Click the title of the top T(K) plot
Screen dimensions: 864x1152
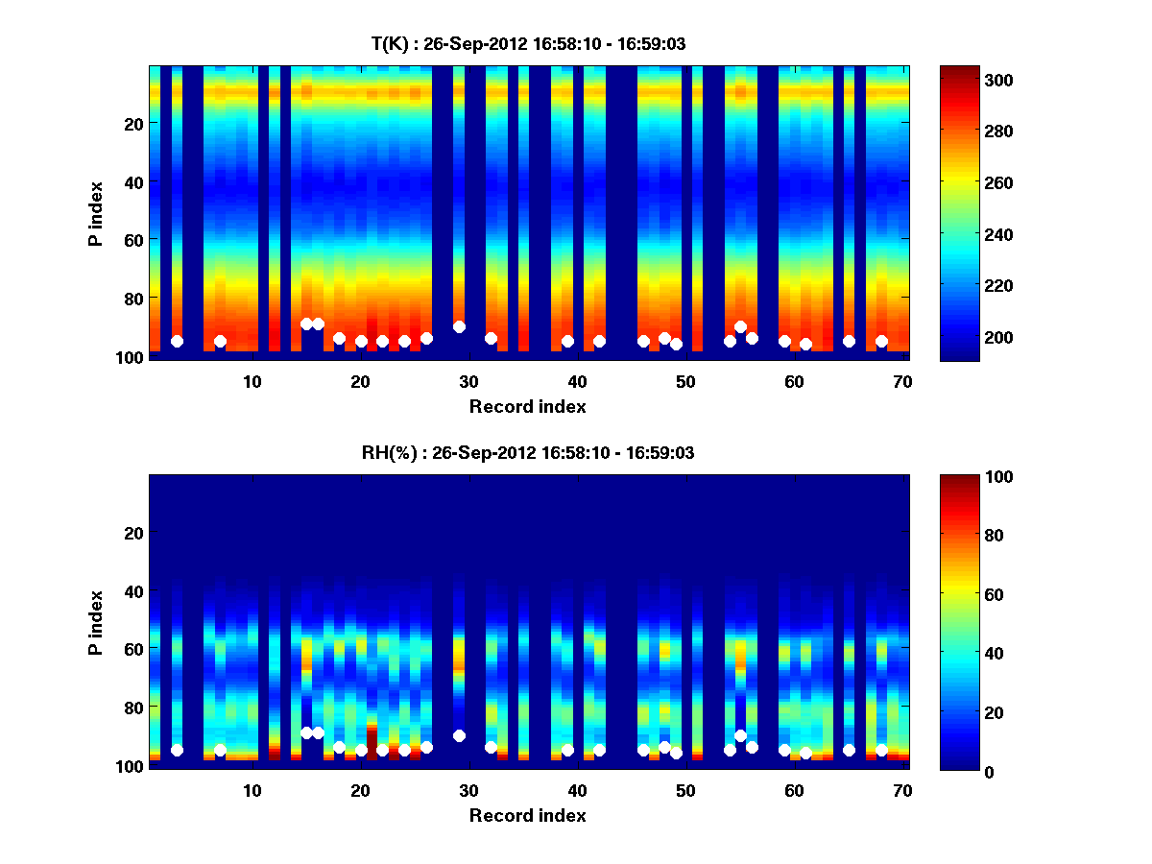[x=528, y=43]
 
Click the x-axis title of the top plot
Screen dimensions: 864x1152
[x=528, y=406]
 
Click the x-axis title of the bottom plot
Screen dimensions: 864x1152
[x=528, y=815]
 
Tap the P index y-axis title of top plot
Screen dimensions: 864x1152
[x=95, y=213]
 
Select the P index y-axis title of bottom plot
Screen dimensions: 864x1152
[x=95, y=622]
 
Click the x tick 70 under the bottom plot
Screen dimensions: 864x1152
[x=903, y=790]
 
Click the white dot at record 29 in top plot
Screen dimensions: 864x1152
[x=459, y=326]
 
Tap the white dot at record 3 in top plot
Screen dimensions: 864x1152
[x=177, y=341]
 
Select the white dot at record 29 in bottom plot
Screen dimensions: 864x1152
[x=459, y=735]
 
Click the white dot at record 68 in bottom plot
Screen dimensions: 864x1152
[x=881, y=750]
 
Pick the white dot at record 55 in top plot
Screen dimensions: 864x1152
[x=740, y=327]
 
